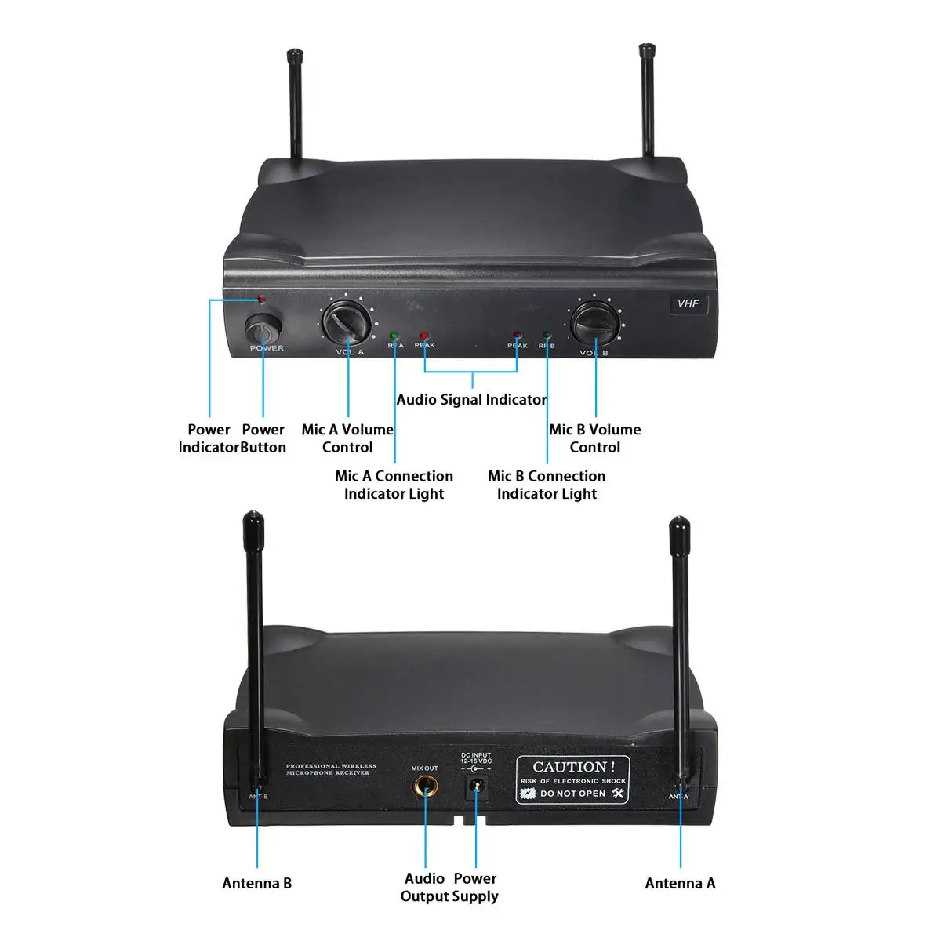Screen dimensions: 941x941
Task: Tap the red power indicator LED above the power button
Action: tap(262, 300)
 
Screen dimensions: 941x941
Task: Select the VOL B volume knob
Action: tap(595, 322)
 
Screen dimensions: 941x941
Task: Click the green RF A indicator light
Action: tap(394, 335)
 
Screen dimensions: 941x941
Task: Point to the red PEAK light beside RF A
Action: tap(424, 335)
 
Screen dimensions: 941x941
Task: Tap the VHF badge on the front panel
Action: tap(688, 303)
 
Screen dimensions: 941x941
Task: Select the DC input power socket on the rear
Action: tap(476, 787)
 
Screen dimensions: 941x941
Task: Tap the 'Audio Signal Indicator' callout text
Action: tap(471, 400)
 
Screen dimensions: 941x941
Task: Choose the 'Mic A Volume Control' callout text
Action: tap(347, 438)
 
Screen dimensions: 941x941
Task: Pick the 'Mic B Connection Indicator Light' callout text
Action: tap(547, 485)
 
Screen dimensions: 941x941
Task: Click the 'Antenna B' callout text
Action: tap(256, 883)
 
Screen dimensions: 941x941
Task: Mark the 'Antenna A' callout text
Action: tap(680, 883)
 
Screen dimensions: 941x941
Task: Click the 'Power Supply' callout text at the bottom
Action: tap(475, 887)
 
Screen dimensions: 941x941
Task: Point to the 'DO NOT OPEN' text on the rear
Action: tap(572, 794)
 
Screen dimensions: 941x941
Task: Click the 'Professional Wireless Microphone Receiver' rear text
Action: tap(331, 769)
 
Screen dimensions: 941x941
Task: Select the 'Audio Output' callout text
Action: tap(424, 887)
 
